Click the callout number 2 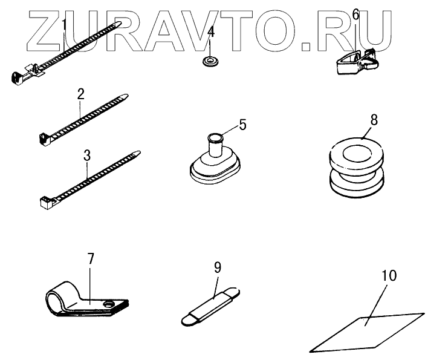(80, 94)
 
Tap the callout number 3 (87, 155)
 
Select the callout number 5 (242, 125)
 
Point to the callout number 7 (91, 259)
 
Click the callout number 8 (374, 120)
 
